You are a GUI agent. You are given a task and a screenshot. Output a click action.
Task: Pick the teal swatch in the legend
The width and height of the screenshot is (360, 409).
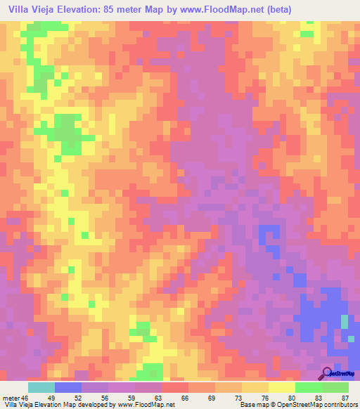coord(41,387)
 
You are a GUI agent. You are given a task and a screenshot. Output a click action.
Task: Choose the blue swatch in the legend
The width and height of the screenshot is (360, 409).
coord(68,387)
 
